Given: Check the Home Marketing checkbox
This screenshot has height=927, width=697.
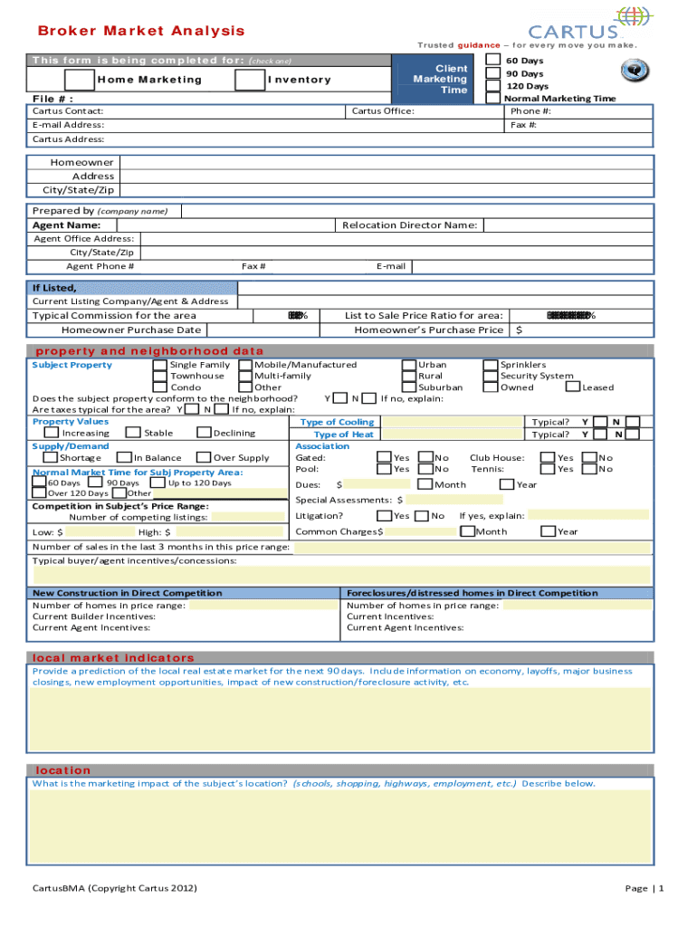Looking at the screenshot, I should tap(82, 80).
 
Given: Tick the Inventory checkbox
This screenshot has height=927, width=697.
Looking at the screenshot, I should tap(248, 80).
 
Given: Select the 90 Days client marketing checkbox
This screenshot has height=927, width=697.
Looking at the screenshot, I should tap(493, 73).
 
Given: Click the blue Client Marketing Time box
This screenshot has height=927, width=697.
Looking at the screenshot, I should tap(439, 80).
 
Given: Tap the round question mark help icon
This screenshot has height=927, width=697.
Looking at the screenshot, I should tap(633, 71).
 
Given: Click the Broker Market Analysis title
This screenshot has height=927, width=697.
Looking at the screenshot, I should tap(141, 31).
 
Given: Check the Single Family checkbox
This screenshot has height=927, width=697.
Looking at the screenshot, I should tap(160, 365).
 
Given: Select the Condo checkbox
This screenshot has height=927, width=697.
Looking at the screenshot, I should tap(160, 387).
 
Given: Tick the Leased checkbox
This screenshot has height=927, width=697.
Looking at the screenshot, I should tap(573, 387).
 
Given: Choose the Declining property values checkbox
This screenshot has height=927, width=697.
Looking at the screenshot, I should tap(204, 434).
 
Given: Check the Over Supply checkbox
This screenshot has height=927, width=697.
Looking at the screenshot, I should tap(204, 458).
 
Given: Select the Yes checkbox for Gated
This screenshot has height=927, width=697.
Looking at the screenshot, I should tap(384, 458).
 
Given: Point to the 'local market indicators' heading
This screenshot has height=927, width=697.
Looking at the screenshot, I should tap(113, 657).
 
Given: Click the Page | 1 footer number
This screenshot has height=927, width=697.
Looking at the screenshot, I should tap(644, 888).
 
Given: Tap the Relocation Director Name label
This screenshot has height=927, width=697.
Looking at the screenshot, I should tap(409, 225).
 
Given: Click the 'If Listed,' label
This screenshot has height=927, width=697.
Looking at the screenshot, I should tap(54, 288).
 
